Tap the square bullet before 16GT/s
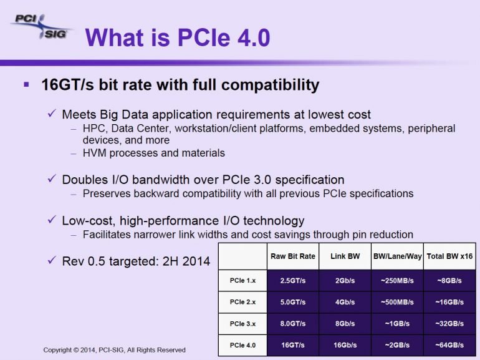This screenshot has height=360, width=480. pos(26,84)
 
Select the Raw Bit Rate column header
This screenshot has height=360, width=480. pos(292,256)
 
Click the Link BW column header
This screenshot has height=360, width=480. pos(345,256)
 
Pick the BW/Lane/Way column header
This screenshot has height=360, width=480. pos(396,256)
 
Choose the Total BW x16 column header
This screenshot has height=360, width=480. pos(449,256)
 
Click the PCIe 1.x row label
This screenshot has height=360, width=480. pos(242,281)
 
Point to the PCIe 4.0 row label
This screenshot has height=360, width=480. pos(242,345)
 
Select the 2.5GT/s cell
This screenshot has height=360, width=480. pos(292,281)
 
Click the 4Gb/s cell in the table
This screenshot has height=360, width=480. pos(345,302)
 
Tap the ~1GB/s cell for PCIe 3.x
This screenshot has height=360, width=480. pos(396,323)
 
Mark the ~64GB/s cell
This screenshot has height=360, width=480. pos(449,345)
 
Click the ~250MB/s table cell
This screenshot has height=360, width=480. pos(396,281)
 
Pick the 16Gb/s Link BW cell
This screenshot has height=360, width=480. pos(345,345)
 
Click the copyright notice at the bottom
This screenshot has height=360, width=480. pos(114,350)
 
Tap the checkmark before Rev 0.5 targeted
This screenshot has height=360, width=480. pos(52,260)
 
